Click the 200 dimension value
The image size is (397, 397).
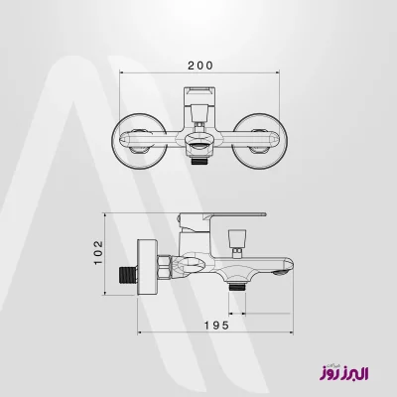[200, 66]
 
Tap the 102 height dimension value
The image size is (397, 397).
[98, 252]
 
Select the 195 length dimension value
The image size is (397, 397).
[216, 326]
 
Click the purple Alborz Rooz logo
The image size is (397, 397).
[343, 372]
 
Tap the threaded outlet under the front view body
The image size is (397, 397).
[199, 162]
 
